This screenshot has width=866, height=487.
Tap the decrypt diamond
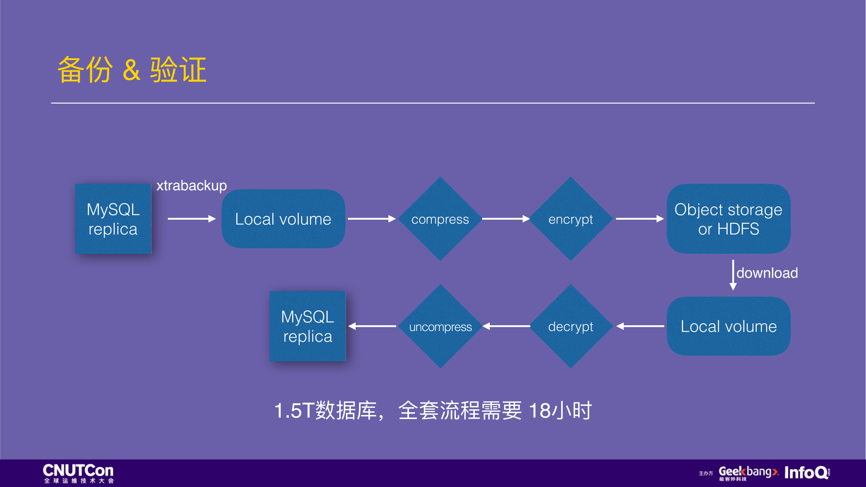(x=570, y=326)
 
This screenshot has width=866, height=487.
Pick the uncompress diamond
(x=440, y=326)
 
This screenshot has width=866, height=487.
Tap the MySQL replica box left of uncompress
(x=308, y=326)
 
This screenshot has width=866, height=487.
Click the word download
(x=767, y=273)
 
